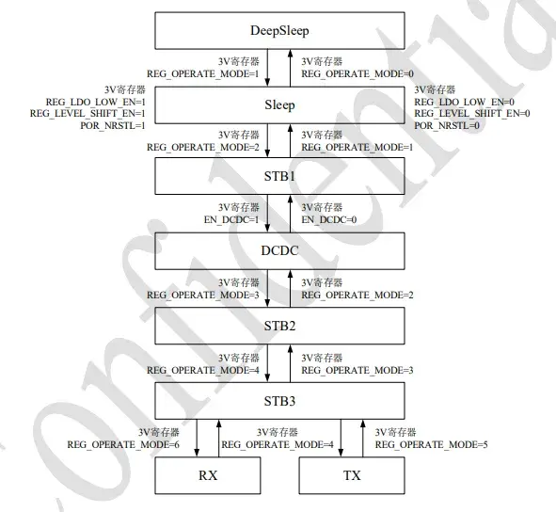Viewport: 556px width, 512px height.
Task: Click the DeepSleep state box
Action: (279, 30)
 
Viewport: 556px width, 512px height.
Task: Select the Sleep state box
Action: (279, 105)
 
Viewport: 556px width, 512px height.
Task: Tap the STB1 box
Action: (279, 176)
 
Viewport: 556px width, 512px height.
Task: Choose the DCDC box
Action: (279, 251)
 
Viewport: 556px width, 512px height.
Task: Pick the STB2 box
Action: (279, 326)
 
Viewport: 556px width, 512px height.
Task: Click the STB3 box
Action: (279, 401)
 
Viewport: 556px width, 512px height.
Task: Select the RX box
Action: (208, 475)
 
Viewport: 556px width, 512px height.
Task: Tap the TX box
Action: (352, 475)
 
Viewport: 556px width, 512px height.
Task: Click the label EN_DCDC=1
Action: (231, 220)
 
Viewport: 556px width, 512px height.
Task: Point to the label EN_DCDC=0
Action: (329, 220)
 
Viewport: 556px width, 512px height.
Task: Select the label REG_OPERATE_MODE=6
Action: (123, 445)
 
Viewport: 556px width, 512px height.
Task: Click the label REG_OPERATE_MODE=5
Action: (432, 445)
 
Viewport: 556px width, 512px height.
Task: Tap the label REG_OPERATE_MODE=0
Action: (357, 74)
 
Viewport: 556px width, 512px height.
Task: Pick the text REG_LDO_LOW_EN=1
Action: (96, 103)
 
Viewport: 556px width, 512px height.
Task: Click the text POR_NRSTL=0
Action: (447, 125)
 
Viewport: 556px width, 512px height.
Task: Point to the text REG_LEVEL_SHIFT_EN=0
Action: (472, 114)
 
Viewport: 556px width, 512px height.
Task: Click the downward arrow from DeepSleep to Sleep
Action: (268, 68)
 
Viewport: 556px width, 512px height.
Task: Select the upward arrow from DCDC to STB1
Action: (291, 214)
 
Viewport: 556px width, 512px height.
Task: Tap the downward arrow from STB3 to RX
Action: (197, 439)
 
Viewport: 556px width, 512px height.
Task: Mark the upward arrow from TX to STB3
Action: (363, 439)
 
